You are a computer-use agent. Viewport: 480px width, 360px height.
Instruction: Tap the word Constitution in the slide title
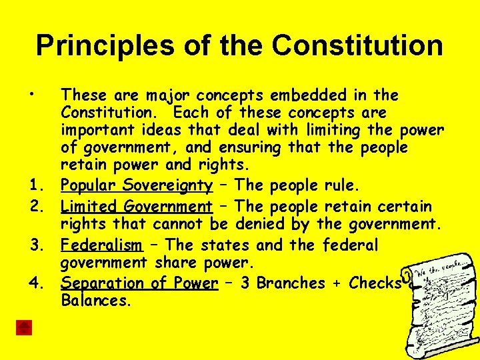pos(357,46)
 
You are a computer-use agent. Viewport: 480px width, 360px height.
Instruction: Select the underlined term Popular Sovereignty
pos(137,185)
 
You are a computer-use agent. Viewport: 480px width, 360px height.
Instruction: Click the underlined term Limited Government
pos(136,207)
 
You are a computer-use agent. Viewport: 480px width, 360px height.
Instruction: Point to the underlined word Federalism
pos(101,245)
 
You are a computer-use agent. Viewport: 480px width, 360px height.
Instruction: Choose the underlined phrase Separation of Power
pos(139,283)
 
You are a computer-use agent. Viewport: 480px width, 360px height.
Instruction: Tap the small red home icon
pos(24,327)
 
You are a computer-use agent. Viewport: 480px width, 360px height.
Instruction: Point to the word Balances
pos(96,301)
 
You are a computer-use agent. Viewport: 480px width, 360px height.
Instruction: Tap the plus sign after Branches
pos(337,283)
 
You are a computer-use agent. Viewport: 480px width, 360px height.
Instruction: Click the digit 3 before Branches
pos(245,283)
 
